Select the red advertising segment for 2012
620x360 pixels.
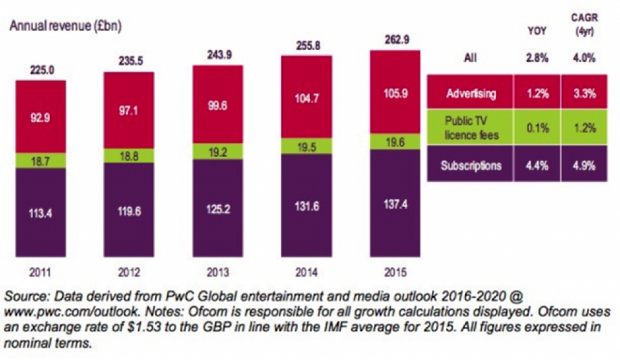(129, 110)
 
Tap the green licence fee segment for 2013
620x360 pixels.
(218, 151)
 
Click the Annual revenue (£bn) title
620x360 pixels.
(65, 26)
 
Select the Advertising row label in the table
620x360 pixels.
(470, 94)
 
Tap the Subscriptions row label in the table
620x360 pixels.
(471, 165)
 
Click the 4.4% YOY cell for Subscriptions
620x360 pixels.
(537, 165)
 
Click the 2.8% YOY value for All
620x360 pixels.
(537, 58)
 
